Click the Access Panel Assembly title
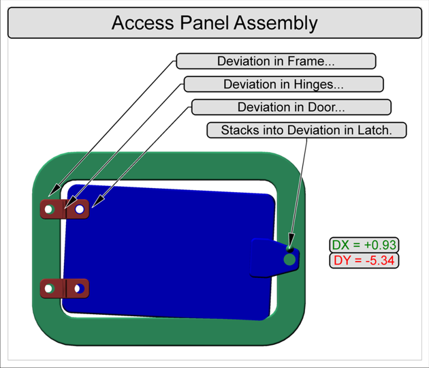(214, 23)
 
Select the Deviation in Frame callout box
(276, 61)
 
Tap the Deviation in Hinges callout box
(283, 85)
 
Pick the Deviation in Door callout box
(291, 107)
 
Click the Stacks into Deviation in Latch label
(306, 130)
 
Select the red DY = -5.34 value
(364, 260)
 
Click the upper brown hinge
(65, 209)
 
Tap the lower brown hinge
(65, 288)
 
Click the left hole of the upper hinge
(49, 209)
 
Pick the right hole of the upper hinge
(80, 209)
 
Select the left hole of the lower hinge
(48, 288)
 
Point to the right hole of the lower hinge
(80, 288)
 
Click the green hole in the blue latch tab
(289, 260)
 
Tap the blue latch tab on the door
(269, 258)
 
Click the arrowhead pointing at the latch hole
(290, 248)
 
